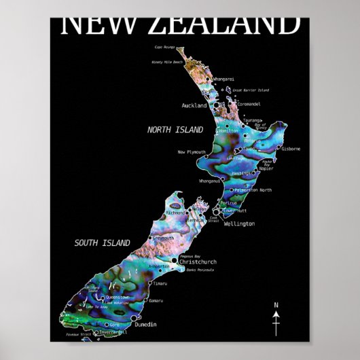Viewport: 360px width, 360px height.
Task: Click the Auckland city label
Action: point(194,105)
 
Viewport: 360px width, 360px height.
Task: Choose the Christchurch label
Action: point(198,261)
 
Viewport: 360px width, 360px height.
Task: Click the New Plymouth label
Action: point(191,152)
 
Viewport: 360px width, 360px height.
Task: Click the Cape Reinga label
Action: point(165,48)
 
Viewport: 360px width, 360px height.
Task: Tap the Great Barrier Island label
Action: point(251,90)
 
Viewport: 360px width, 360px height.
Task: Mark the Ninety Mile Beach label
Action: point(167,62)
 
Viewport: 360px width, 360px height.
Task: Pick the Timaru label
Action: point(160,283)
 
